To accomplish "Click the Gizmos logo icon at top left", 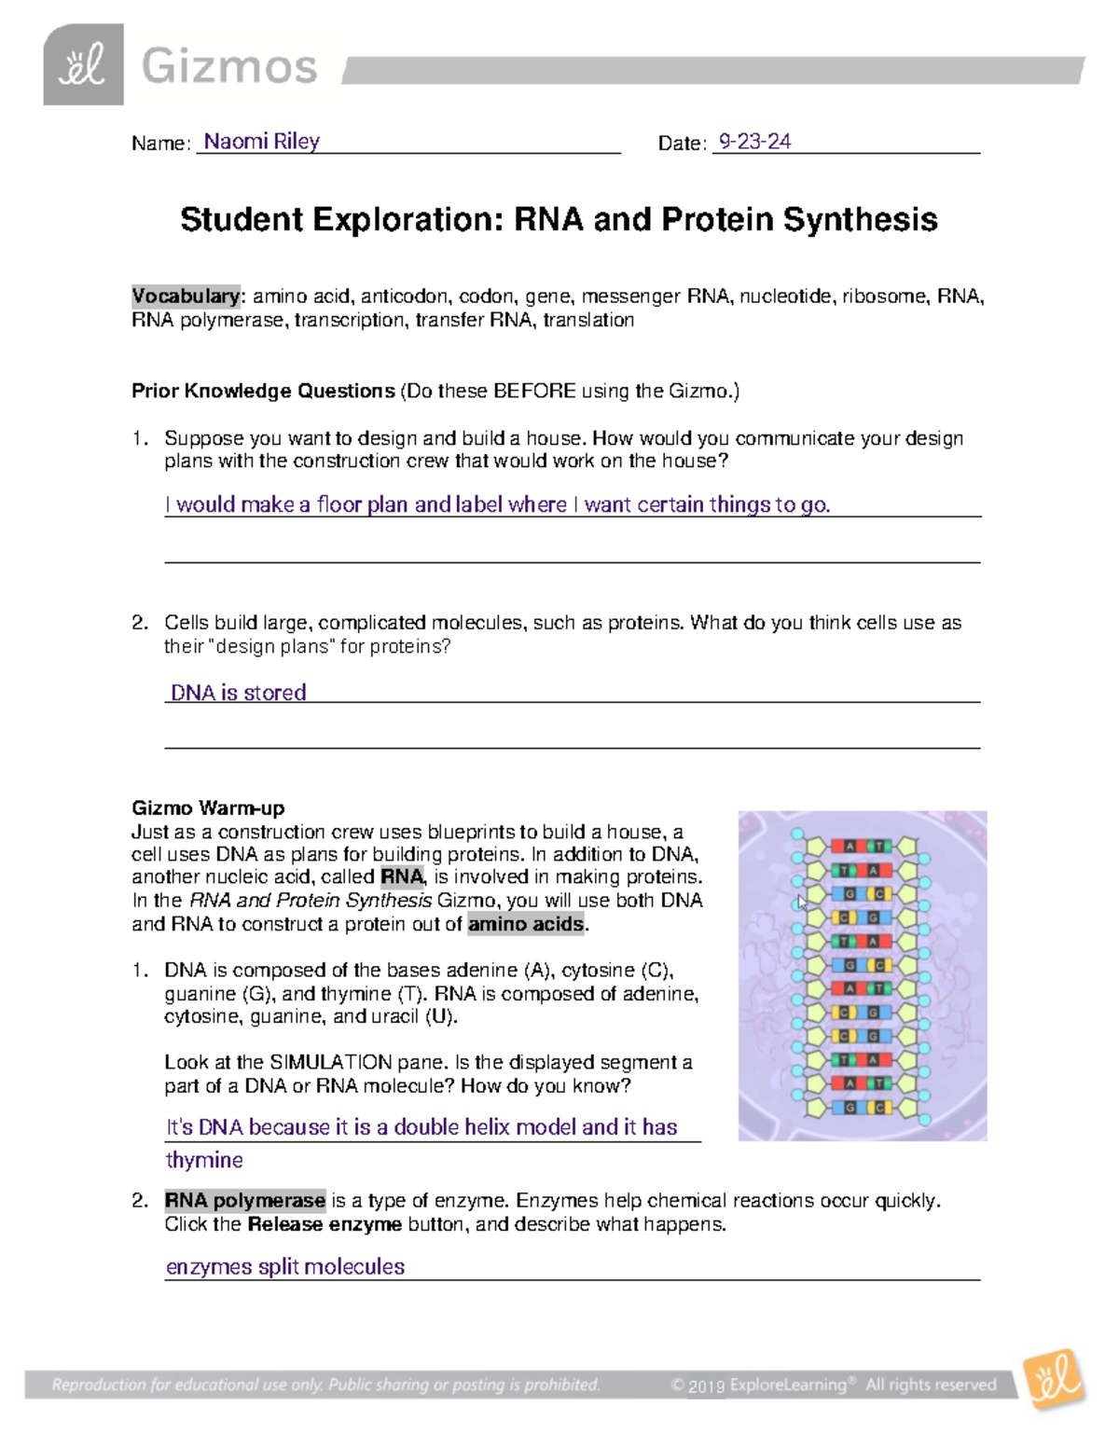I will coord(83,65).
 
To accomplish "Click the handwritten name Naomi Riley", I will coord(261,142).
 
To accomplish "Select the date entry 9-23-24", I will coord(753,142).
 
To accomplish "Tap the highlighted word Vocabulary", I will coord(186,296).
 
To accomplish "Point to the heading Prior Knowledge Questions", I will coord(263,392).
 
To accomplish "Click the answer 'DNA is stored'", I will coord(238,693).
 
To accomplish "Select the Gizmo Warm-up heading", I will coord(208,808).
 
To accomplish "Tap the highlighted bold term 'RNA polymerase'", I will coord(245,1201).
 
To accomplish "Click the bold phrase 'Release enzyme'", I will coord(325,1224).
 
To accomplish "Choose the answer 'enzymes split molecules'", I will coord(285,1267).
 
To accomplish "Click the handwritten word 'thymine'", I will coord(204,1161).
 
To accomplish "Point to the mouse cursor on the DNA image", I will coord(802,902).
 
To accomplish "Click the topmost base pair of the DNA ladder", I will coord(862,847).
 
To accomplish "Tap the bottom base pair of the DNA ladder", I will coord(862,1108).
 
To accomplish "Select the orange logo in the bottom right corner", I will coord(1054,1378).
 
